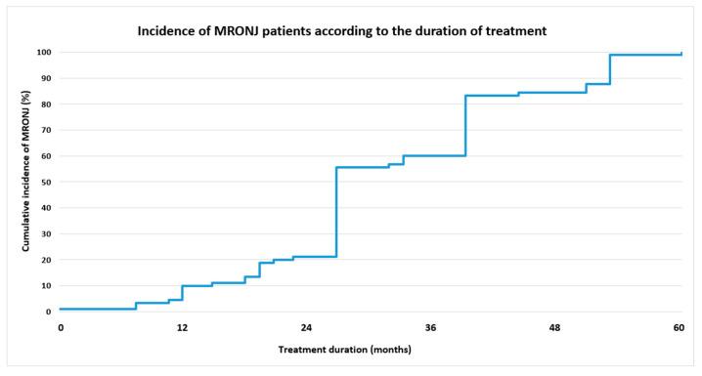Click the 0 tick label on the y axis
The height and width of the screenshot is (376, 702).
tap(49, 313)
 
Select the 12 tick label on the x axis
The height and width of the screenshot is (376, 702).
tap(182, 329)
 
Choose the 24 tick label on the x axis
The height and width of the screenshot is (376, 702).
tap(306, 329)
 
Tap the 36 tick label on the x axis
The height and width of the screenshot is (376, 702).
tap(431, 329)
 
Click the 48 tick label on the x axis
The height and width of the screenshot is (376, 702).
tap(555, 329)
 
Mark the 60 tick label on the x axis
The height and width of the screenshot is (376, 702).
tap(679, 329)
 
